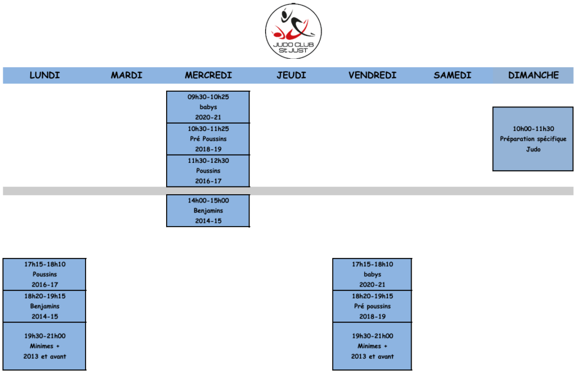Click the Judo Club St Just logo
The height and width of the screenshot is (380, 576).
294,31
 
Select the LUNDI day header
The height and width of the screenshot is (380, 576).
45,76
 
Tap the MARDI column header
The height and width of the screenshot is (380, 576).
127,76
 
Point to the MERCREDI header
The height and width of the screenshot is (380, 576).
208,76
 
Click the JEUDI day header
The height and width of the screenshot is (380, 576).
291,76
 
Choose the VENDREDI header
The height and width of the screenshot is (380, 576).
372,76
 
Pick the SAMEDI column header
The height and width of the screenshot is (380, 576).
452,76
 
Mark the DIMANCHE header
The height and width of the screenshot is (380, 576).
533,76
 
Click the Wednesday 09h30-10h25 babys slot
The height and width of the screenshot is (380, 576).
208,107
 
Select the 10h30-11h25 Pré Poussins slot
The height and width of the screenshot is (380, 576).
208,139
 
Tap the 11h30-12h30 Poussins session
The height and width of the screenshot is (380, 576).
208,171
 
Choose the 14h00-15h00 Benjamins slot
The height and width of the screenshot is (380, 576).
208,210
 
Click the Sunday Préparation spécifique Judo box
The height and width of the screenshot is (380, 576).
533,139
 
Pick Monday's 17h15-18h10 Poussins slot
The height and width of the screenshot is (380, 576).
44,274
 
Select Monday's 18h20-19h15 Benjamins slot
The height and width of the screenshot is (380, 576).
44,306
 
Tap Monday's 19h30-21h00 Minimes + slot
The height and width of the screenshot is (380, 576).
44,346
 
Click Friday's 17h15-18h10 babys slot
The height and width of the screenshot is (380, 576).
372,274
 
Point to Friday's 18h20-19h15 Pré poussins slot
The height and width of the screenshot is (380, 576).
372,306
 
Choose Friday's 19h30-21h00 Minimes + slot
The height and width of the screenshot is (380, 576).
372,346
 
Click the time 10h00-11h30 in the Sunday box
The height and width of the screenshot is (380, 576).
533,129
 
